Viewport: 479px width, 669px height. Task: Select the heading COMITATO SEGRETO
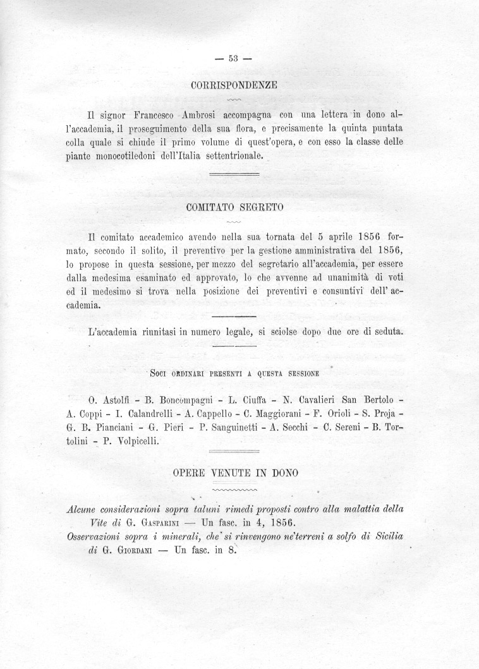[x=235, y=207]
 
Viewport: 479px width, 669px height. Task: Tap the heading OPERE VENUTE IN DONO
[x=235, y=473]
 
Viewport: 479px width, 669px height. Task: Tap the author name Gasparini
[x=149, y=522]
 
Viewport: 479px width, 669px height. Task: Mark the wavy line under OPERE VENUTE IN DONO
[x=235, y=488]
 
